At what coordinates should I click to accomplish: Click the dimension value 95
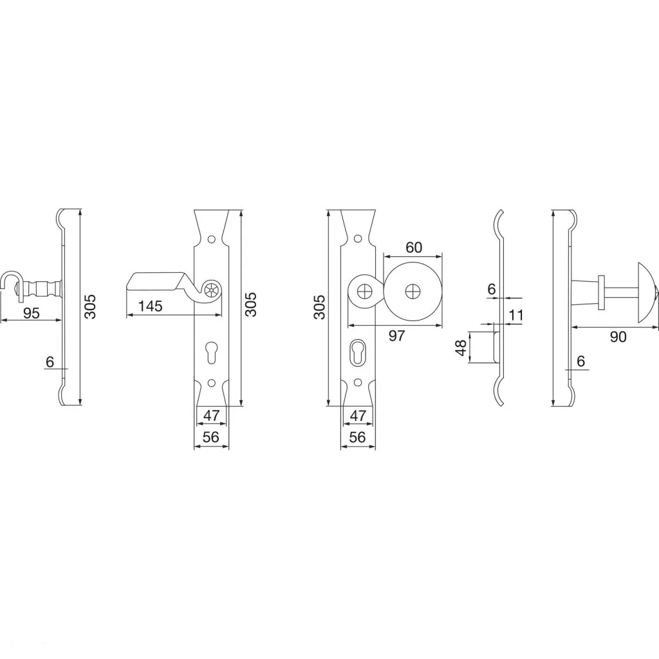(x=32, y=313)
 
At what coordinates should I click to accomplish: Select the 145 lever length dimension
(x=151, y=306)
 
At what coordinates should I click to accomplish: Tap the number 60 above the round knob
(x=414, y=247)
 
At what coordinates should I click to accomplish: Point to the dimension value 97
(x=396, y=335)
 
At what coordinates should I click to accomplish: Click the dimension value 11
(x=517, y=315)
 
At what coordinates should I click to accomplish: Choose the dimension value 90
(x=618, y=336)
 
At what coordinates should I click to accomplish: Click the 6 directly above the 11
(x=492, y=289)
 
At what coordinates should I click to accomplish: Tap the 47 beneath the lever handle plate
(x=211, y=415)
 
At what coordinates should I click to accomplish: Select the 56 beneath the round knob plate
(x=358, y=437)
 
